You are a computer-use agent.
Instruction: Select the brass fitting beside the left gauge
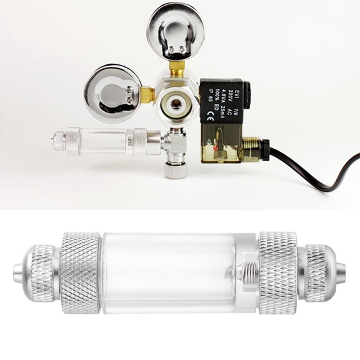pos(147,94)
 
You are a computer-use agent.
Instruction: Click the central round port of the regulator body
pos(176,102)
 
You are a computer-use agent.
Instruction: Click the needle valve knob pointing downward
pos(176,169)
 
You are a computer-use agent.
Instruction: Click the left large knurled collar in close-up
pos(79,272)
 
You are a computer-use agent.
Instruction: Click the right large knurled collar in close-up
pos(277,272)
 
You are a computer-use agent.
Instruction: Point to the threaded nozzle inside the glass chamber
pos(246,272)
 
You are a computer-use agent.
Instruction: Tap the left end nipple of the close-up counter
pos(18,273)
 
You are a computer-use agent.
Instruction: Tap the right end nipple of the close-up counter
pos(341,273)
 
